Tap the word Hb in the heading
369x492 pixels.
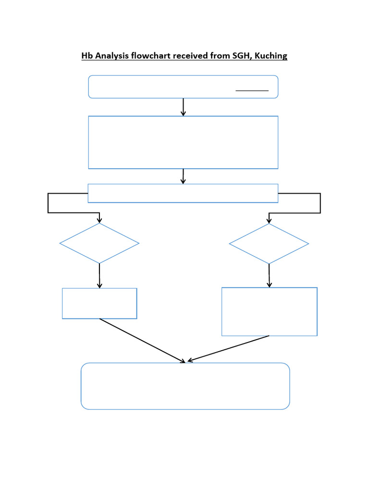click(87, 56)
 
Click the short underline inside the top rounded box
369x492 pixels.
click(252, 90)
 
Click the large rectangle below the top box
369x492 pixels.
click(183, 142)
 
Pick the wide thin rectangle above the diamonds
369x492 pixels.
click(183, 193)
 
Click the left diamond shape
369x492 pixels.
click(99, 243)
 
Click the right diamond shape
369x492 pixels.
click(269, 244)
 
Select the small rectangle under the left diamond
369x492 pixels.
click(99, 303)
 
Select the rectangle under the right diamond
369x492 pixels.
click(269, 311)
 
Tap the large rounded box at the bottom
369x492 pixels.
click(185, 386)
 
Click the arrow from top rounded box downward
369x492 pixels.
click(183, 107)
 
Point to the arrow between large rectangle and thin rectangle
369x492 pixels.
click(183, 176)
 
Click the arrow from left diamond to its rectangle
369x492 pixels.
click(99, 276)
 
